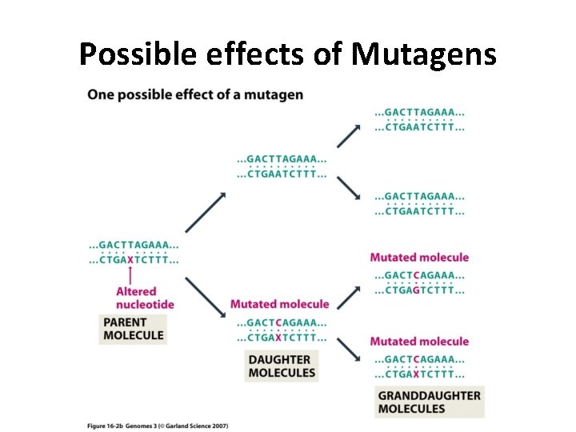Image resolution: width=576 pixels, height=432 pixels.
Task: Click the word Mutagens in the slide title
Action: coord(424,54)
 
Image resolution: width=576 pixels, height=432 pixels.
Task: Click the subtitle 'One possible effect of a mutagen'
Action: coord(195,94)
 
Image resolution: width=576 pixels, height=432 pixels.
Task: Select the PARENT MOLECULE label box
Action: coord(134,329)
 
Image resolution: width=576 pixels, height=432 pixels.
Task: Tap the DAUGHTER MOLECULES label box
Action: coord(282,366)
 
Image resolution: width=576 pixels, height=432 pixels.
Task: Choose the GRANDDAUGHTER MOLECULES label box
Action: coord(429,402)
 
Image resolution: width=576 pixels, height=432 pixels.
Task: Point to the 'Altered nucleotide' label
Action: coord(145,298)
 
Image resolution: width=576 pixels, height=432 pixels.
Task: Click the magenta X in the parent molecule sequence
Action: coord(130,259)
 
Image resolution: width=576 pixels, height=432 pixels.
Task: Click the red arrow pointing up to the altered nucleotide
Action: coord(130,275)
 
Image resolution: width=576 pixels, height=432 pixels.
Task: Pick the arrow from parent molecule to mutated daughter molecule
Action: coord(205,297)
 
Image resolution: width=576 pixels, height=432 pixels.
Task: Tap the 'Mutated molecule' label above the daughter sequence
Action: coord(279,304)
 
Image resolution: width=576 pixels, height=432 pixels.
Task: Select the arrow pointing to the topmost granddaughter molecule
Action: coord(348,136)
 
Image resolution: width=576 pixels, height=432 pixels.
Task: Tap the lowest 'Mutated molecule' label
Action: coord(419,342)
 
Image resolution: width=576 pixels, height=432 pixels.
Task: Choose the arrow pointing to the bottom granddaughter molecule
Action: coord(348,348)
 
